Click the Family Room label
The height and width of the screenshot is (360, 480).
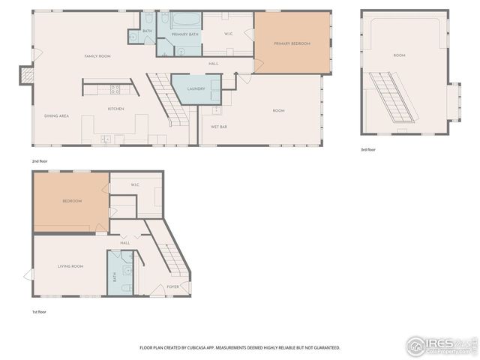97,56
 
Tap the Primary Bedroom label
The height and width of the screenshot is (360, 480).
292,43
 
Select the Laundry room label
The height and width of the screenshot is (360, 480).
196,88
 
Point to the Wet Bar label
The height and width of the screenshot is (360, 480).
219,127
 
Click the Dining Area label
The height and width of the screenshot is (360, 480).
57,115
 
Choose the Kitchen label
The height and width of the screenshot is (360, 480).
115,109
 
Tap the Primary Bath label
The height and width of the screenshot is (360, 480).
184,34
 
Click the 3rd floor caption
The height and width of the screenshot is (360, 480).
367,150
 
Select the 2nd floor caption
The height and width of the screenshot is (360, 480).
39,160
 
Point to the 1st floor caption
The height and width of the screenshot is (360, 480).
39,311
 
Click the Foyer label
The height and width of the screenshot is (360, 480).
172,286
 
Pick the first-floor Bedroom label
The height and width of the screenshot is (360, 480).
72,201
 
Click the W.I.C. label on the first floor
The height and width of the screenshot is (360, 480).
135,184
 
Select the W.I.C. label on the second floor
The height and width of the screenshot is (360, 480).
229,34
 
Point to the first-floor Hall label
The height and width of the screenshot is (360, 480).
125,242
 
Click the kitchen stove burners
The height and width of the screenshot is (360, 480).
115,88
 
